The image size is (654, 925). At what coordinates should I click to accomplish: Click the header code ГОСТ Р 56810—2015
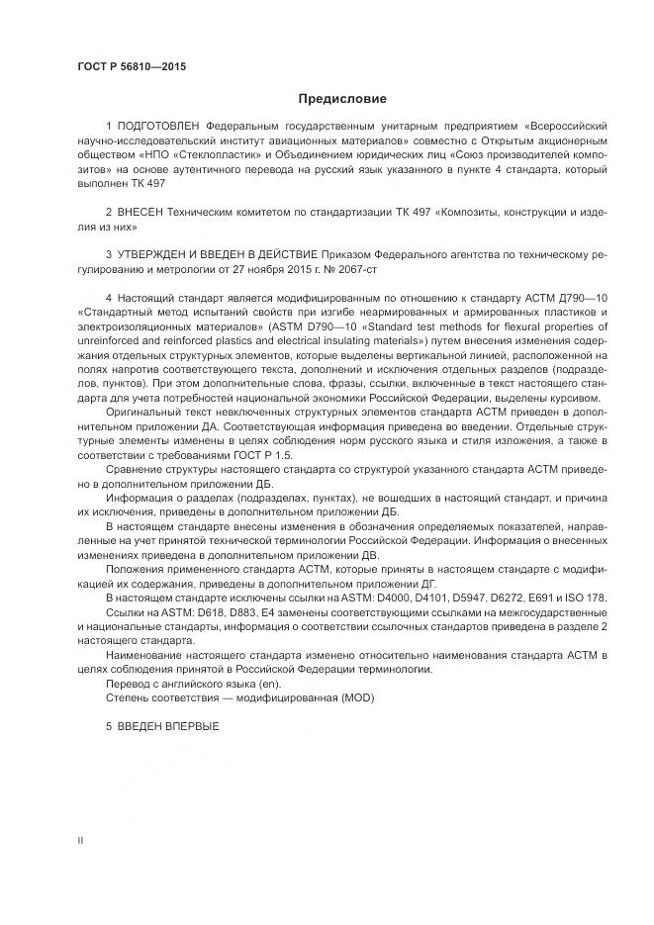(x=131, y=66)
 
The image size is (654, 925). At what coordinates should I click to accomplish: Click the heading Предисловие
(x=342, y=99)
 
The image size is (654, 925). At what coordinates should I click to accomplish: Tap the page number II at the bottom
(x=80, y=839)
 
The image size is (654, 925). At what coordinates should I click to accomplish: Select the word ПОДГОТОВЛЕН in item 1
(x=158, y=127)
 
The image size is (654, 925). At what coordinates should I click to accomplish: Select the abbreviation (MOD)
(x=357, y=697)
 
